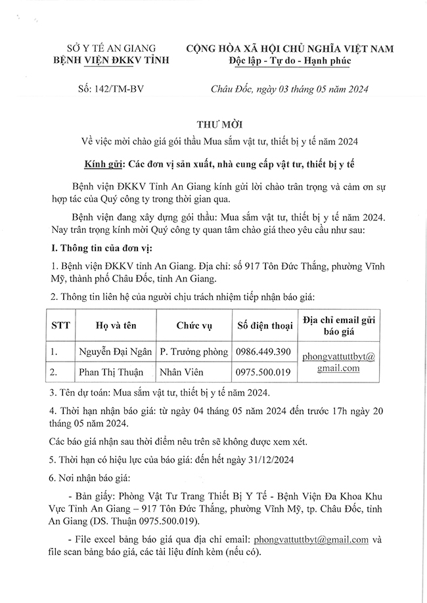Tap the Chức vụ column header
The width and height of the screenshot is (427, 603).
click(195, 325)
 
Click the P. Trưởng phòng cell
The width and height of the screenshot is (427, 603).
click(195, 352)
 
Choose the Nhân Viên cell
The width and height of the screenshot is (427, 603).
click(181, 372)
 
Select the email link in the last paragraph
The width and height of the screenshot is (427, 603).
click(312, 539)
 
